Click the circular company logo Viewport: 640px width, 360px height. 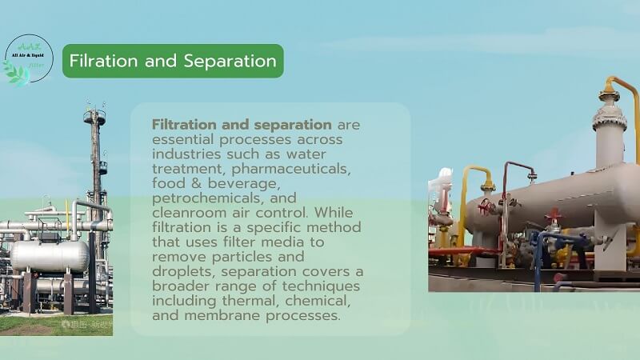(x=29, y=60)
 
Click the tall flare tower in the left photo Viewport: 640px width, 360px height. (x=96, y=160)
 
